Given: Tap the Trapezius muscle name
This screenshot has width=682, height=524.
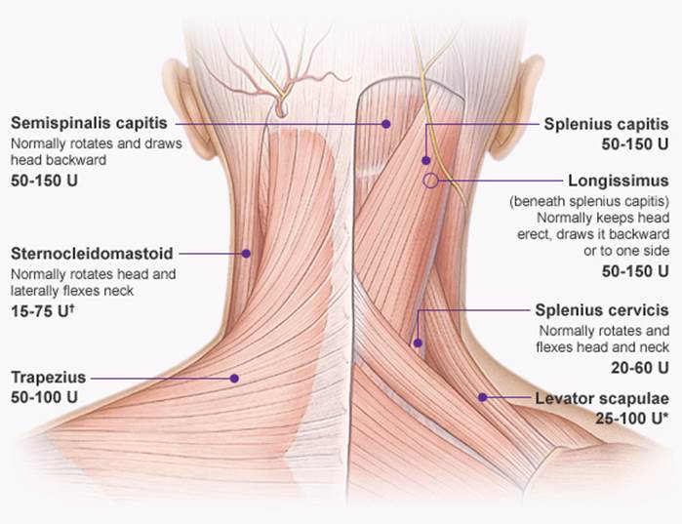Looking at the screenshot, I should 49,377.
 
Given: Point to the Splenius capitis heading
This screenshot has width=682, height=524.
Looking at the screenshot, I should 606,124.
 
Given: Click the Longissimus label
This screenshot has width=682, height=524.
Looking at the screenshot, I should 619,181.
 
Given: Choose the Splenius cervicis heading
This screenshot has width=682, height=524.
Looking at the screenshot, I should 602,310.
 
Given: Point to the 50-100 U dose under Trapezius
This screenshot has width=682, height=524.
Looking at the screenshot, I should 44,397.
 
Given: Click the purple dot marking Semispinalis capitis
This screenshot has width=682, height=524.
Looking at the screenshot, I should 386,124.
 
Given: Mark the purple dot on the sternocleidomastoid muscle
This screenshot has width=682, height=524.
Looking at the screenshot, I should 247,253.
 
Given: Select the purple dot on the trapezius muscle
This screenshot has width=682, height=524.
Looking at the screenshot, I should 234,377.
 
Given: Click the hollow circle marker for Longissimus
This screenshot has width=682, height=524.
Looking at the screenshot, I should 428,181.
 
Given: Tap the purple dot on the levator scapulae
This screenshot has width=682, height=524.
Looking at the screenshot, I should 482,397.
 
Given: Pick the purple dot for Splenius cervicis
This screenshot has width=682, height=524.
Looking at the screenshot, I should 417,343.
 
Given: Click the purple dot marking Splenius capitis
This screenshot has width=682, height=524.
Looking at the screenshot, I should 426,159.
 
